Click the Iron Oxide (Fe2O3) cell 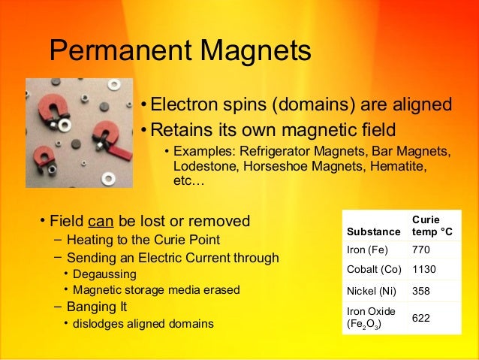tap(371, 318)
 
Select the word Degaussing tap(104, 274)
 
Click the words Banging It tap(97, 307)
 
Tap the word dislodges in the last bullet tap(98, 324)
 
